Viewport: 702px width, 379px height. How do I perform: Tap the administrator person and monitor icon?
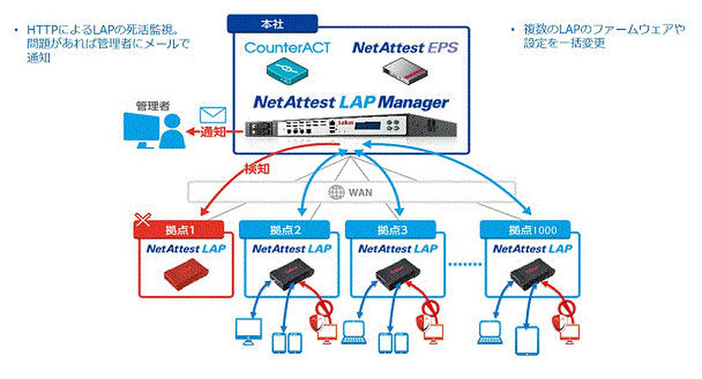(152, 132)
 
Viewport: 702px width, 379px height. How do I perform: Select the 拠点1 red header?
(180, 229)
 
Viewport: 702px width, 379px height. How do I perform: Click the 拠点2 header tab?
(285, 229)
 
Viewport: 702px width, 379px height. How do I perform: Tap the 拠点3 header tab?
(390, 229)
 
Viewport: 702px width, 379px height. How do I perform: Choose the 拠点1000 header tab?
(526, 229)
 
